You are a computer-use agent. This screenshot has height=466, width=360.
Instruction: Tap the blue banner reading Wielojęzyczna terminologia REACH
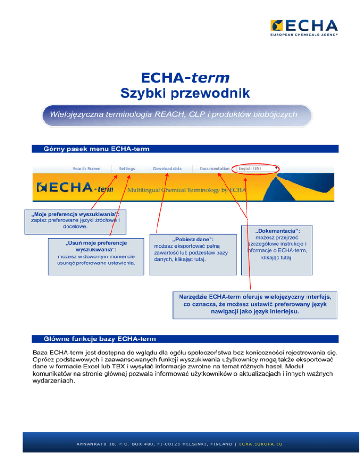click(176, 115)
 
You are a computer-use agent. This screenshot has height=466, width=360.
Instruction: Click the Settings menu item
click(127, 168)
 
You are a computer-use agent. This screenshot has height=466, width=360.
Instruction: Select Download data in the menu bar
click(167, 168)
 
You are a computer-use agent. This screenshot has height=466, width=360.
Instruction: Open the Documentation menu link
click(215, 168)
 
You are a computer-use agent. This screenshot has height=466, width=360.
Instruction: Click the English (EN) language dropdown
click(257, 168)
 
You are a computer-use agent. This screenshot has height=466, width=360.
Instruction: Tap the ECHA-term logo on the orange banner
click(75, 188)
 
